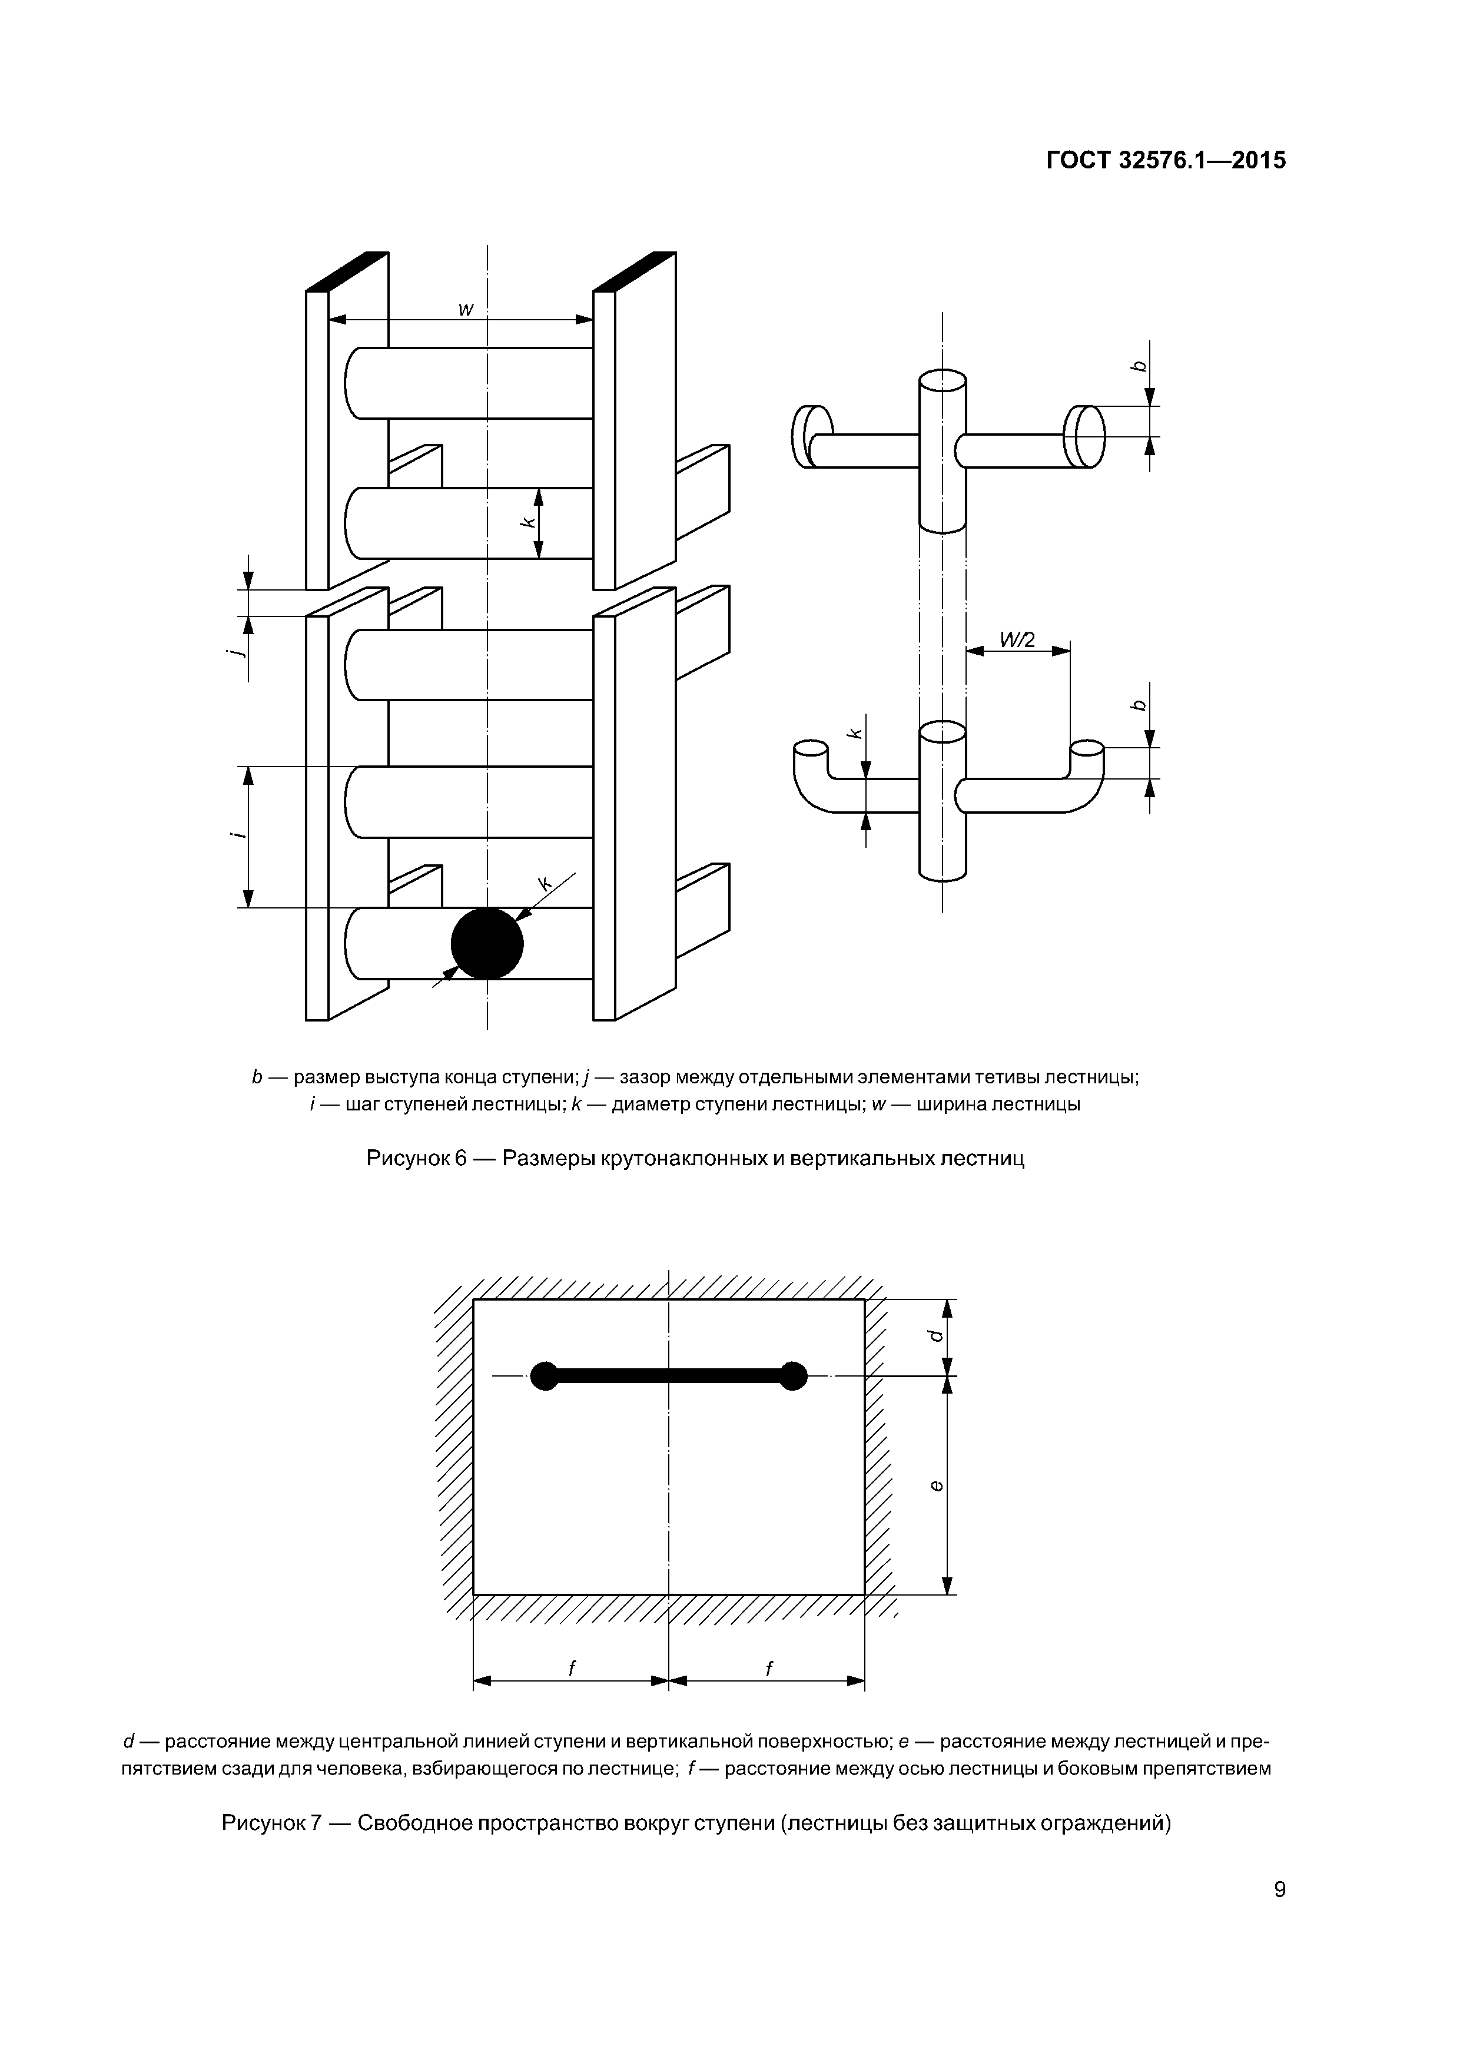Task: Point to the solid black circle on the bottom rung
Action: tap(487, 943)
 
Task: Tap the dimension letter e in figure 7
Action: tap(937, 1485)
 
